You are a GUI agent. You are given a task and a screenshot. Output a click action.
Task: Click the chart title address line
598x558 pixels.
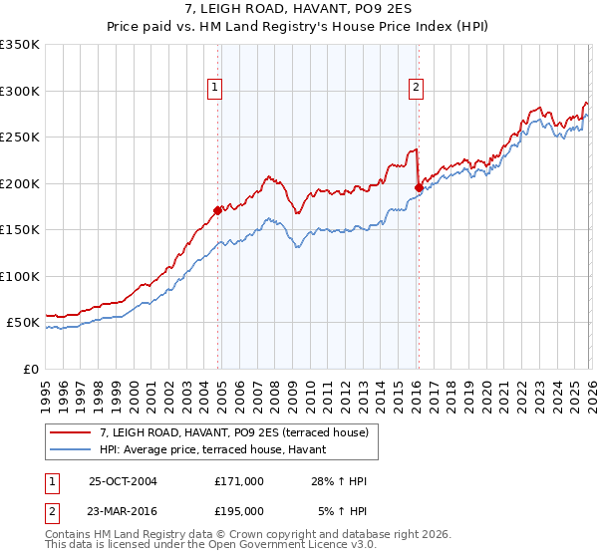coord(299,9)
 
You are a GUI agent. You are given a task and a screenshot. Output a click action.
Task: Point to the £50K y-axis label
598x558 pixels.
coord(21,323)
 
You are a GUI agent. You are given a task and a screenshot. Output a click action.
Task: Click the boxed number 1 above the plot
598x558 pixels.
coord(215,88)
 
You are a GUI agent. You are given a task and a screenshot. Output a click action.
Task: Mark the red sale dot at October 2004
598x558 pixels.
coord(217,210)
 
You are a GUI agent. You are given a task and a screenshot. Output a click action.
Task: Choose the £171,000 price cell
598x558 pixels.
coord(239,481)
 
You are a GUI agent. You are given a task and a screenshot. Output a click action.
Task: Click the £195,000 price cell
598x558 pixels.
coord(239,510)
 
